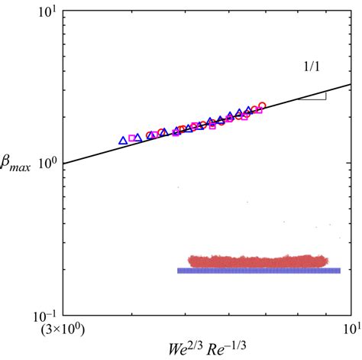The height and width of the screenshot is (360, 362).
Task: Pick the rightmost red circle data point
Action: (x=262, y=106)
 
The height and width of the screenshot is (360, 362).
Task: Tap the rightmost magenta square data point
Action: (x=259, y=110)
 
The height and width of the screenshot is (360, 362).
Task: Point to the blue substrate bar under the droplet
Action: (x=258, y=271)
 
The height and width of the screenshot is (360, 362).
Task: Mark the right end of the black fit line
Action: (x=350, y=85)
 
